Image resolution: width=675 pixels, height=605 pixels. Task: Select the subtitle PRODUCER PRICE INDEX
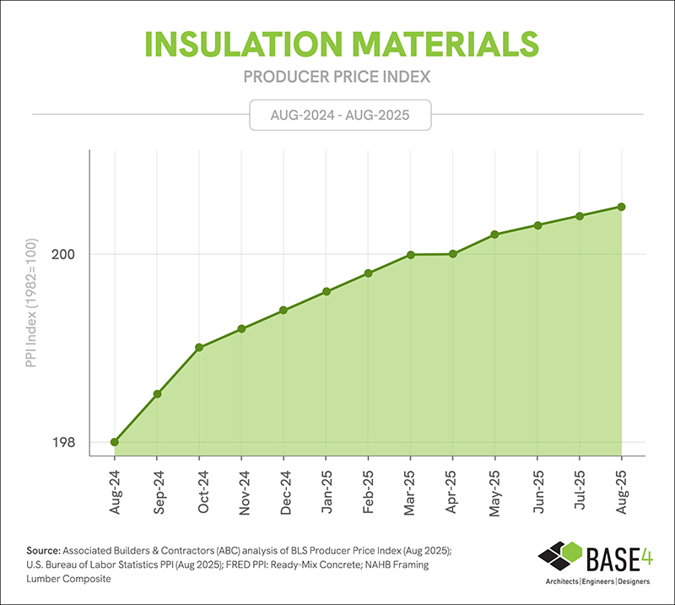(337, 77)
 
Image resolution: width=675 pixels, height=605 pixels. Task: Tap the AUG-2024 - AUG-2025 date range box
(340, 115)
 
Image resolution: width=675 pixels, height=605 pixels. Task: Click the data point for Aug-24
(115, 441)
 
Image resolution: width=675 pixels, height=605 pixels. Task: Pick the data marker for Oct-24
(199, 348)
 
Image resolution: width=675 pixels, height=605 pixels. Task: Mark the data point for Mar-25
(411, 255)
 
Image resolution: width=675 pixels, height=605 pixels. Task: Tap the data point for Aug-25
(622, 207)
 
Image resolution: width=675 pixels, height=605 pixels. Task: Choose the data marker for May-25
(495, 235)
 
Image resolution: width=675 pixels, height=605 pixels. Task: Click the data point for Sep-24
(157, 394)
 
